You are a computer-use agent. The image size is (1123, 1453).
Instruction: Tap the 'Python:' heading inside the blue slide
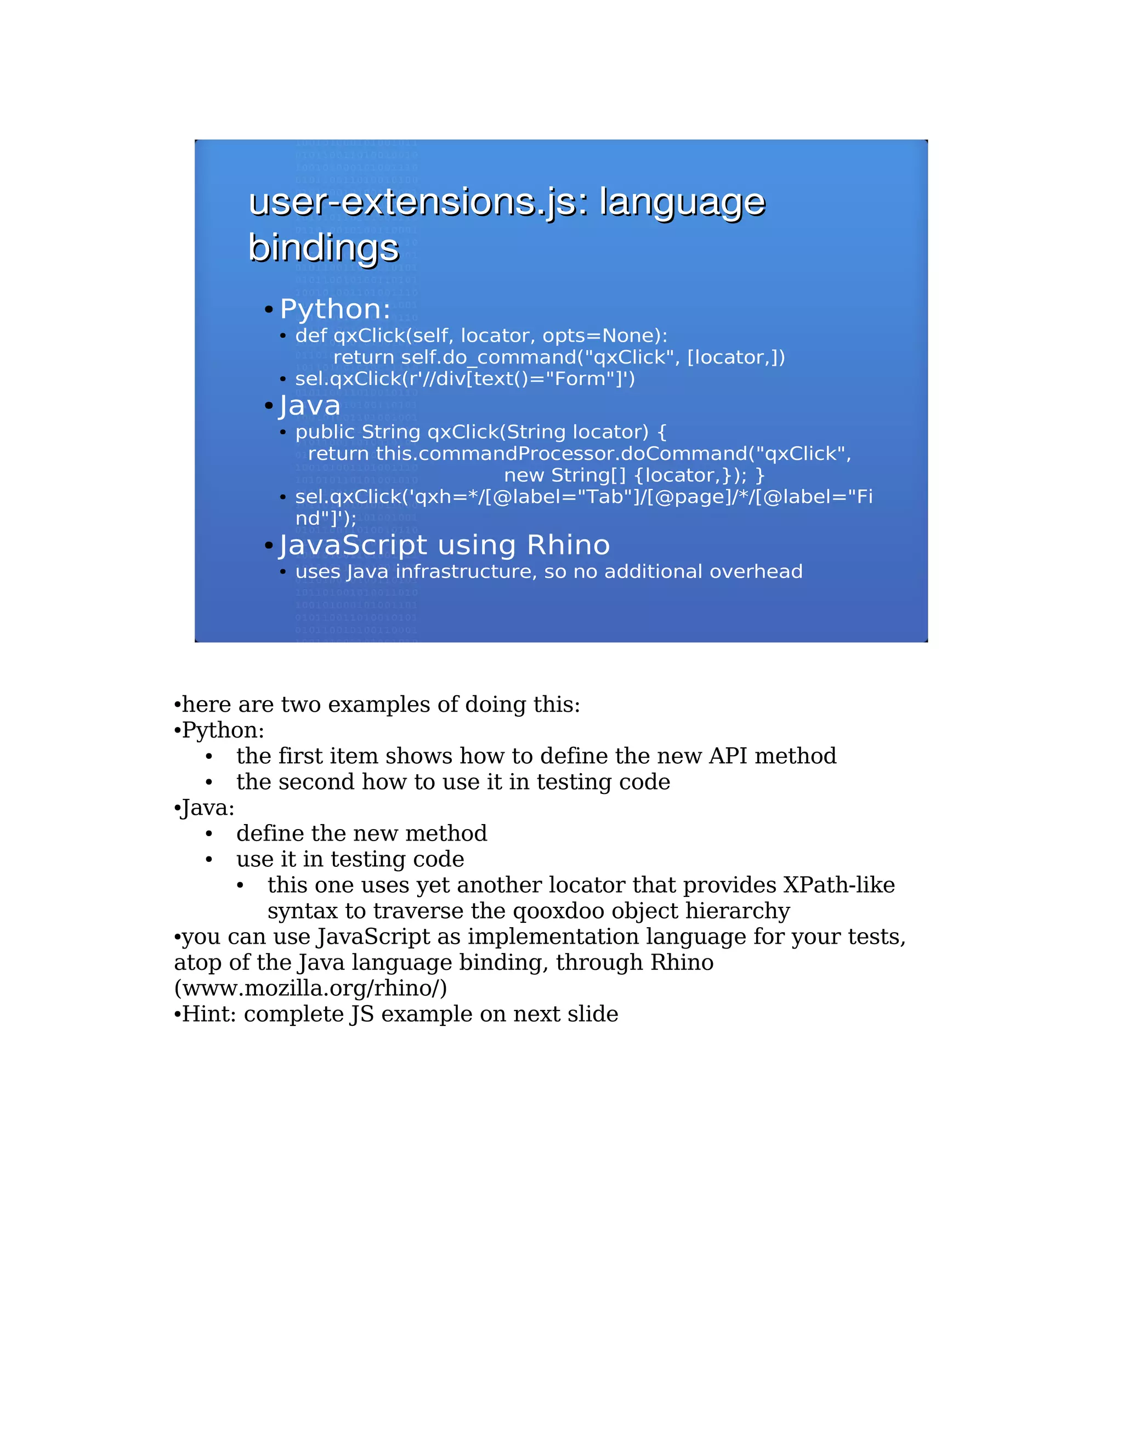[x=334, y=309]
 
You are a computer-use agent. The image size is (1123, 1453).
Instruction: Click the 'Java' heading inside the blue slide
[x=310, y=406]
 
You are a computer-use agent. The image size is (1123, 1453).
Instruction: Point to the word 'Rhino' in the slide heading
[x=568, y=546]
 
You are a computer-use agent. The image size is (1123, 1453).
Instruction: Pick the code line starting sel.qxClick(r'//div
[x=465, y=379]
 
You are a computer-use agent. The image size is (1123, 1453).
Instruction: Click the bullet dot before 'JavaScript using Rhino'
[x=269, y=546]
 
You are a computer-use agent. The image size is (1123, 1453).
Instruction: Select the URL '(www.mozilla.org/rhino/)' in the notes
[x=310, y=989]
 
